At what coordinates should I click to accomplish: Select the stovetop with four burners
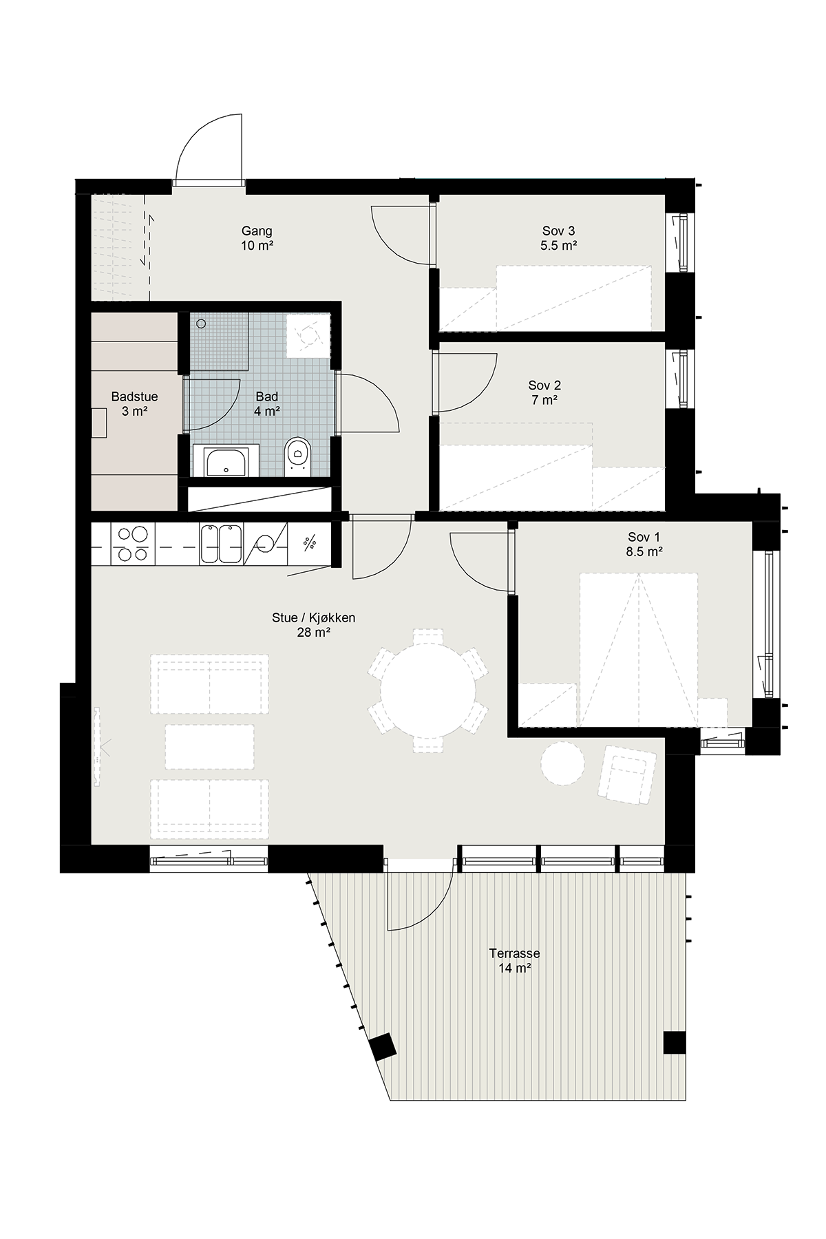click(132, 544)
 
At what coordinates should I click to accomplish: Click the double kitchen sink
click(220, 544)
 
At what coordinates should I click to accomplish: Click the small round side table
click(563, 763)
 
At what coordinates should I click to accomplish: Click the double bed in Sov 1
click(639, 649)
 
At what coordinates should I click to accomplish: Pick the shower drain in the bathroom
click(201, 324)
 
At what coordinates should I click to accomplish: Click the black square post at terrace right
click(675, 1043)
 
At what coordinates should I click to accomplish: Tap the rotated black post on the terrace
click(382, 1048)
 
